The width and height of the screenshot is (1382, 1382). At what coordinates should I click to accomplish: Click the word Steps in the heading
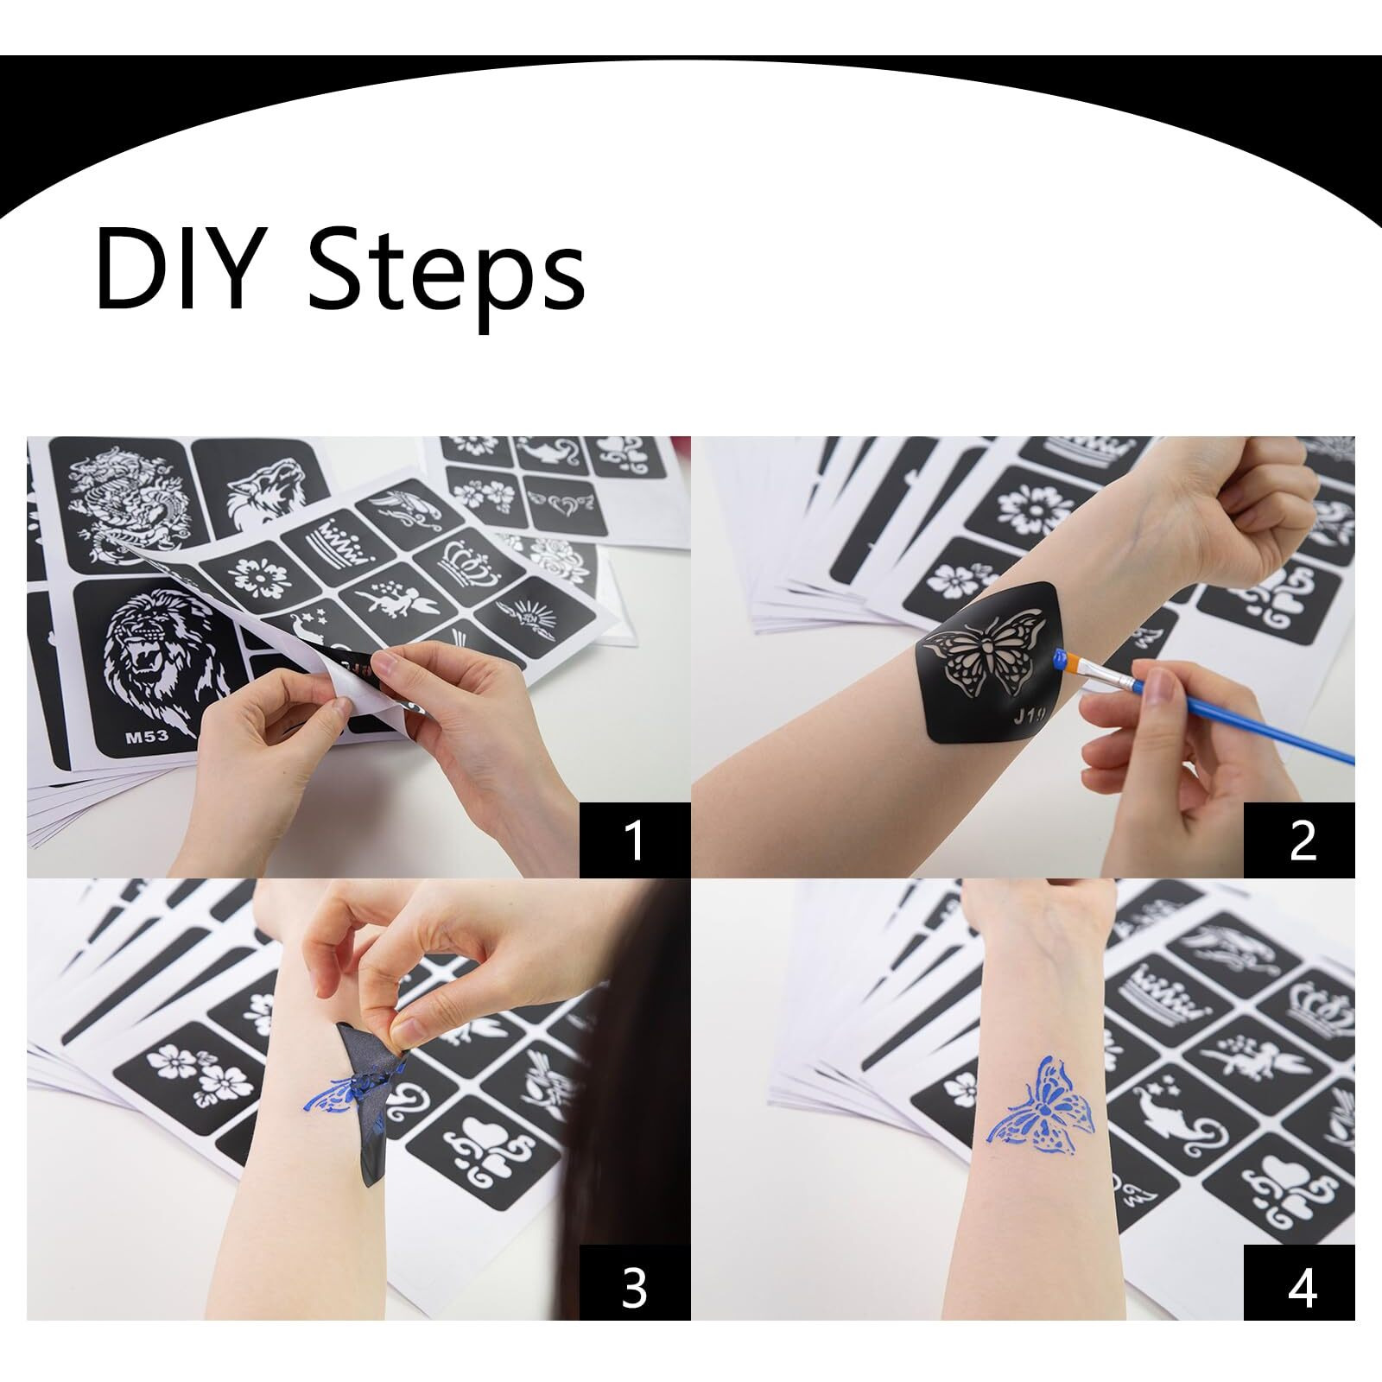[x=447, y=269]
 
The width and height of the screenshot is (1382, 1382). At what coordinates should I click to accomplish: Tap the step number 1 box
[x=635, y=840]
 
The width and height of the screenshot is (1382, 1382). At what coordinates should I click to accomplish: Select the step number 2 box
[x=1299, y=840]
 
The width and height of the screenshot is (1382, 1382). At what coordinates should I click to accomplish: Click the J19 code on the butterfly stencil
[x=1031, y=715]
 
